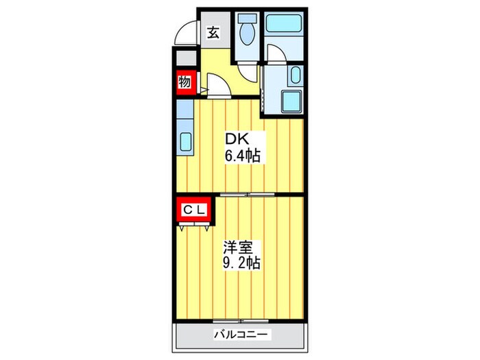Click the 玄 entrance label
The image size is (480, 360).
pyautogui.click(x=214, y=32)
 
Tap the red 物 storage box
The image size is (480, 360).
pyautogui.click(x=185, y=82)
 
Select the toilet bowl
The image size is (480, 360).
pyautogui.click(x=248, y=34)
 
